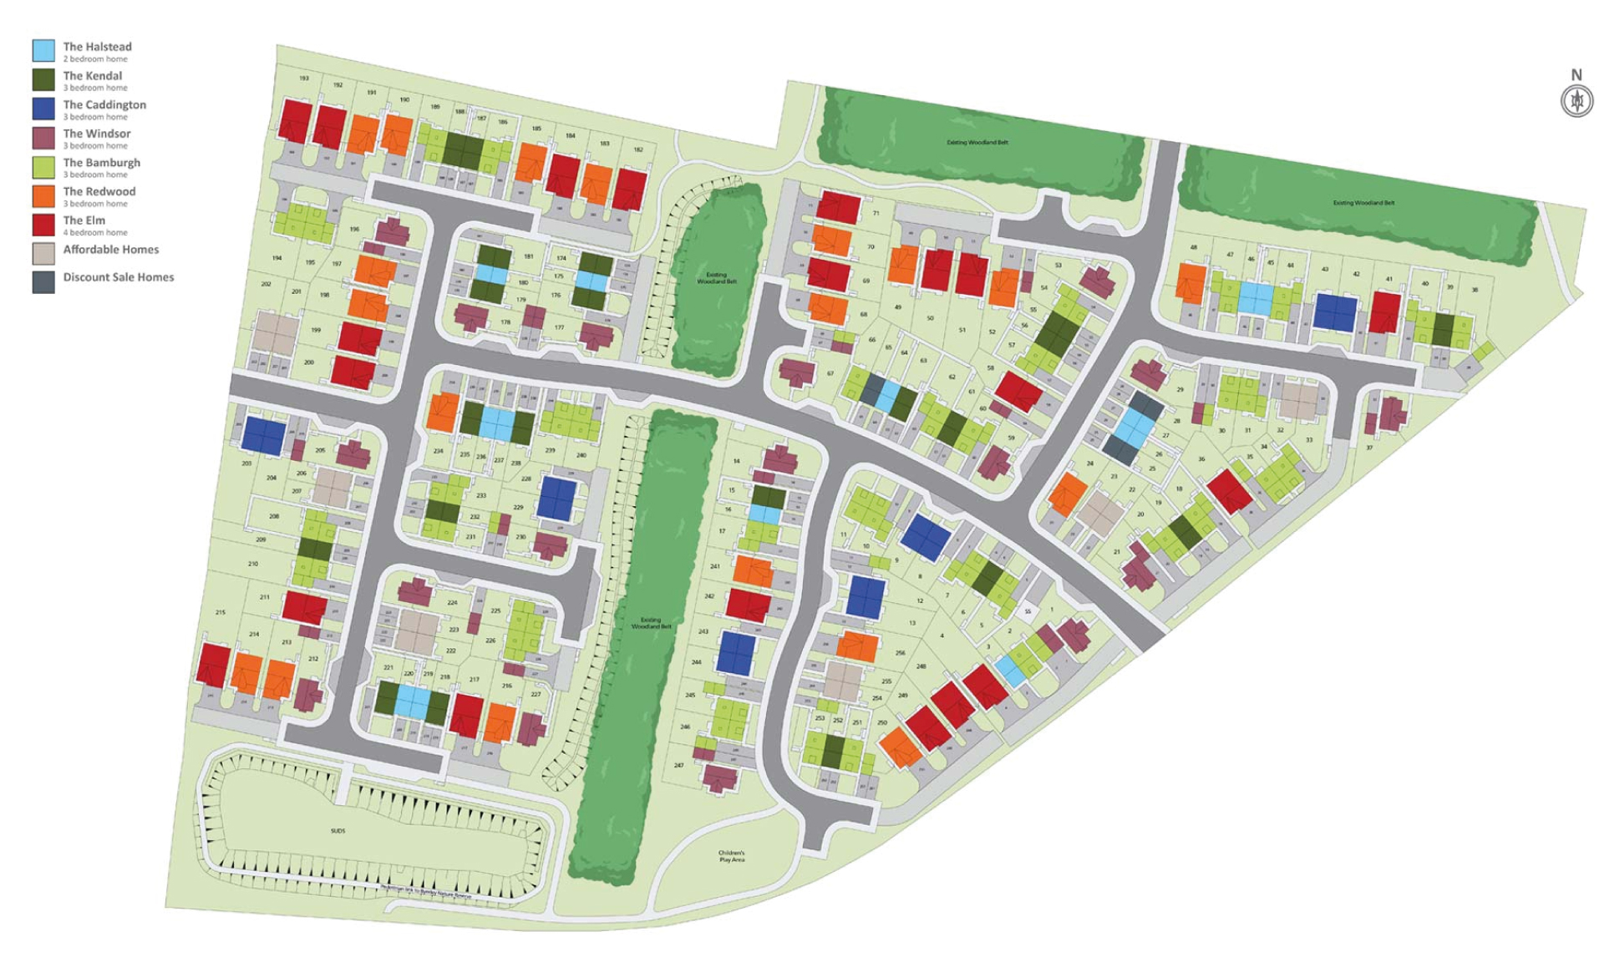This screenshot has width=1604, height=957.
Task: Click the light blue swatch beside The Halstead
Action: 43,50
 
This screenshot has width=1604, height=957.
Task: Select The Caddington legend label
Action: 104,105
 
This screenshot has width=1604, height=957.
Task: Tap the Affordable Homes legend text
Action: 110,250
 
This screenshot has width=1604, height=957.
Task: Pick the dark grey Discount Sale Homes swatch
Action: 43,282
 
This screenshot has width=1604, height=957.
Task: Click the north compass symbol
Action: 1576,101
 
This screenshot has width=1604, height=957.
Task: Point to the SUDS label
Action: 338,831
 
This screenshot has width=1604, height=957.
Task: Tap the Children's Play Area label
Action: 731,856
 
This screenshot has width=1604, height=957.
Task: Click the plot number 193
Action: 304,78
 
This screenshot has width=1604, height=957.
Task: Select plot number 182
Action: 638,150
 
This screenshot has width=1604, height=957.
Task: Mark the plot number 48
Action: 1194,248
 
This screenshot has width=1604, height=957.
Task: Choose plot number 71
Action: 876,214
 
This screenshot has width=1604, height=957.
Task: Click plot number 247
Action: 678,765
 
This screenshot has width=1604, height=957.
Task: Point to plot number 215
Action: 221,613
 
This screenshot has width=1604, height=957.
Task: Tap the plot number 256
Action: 900,653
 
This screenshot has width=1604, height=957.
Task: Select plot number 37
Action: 1369,448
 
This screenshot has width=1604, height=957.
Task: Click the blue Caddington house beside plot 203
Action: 264,436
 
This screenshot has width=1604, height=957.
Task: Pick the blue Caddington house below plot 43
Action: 1334,312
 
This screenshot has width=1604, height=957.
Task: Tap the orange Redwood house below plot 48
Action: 1190,282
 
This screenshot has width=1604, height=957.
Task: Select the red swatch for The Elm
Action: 43,225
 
